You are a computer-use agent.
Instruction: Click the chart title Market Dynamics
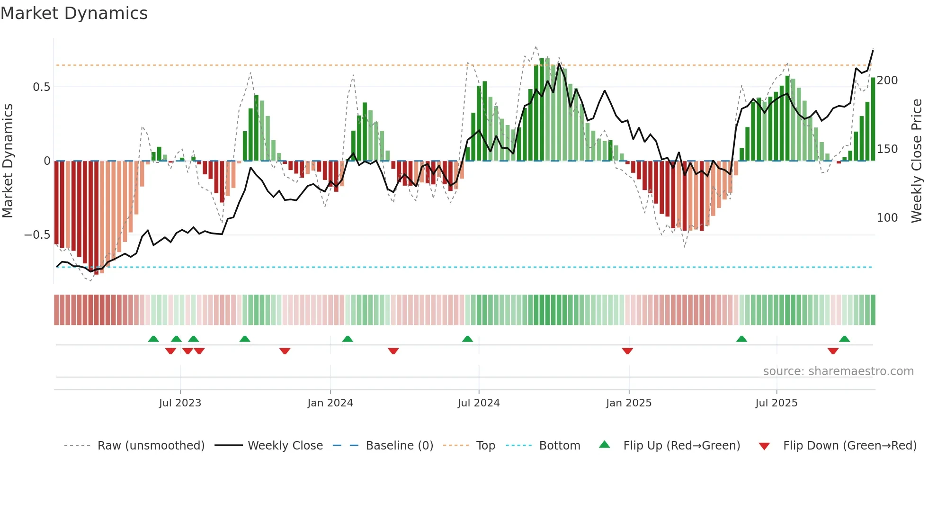point(74,13)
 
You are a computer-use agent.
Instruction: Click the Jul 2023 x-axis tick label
point(180,403)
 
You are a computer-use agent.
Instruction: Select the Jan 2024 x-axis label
point(330,403)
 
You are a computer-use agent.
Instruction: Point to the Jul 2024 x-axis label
point(479,403)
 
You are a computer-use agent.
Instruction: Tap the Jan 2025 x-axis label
point(629,403)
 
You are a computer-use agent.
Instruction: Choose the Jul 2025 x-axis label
point(776,403)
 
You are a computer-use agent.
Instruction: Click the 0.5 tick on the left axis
point(42,87)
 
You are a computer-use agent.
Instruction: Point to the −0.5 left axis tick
point(37,235)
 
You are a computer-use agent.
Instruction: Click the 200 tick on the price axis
point(887,81)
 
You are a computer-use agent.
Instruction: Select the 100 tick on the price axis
point(887,218)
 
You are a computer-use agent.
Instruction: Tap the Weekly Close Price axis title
point(917,161)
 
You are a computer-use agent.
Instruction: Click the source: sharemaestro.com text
point(839,371)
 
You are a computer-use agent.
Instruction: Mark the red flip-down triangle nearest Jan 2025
point(627,351)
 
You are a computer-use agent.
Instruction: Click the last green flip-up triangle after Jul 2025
point(844,339)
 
